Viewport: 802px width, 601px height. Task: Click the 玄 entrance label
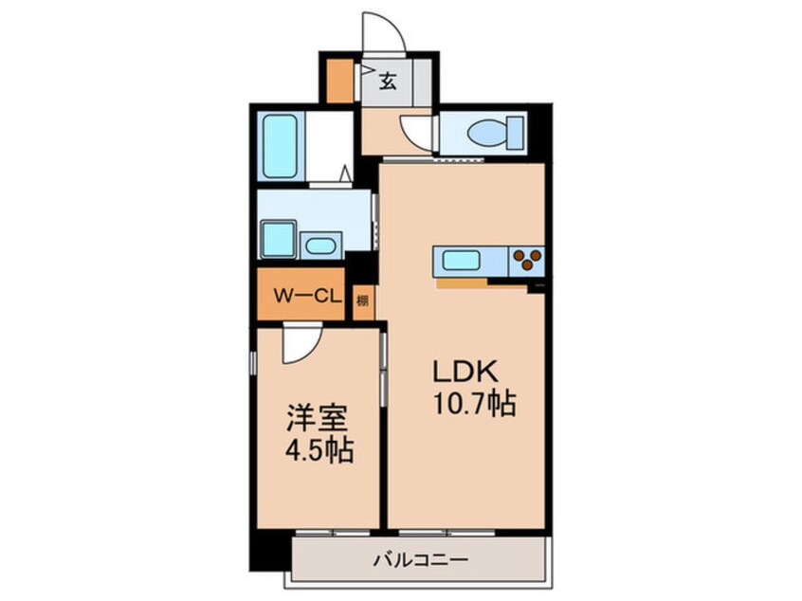click(388, 81)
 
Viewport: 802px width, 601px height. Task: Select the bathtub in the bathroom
click(280, 146)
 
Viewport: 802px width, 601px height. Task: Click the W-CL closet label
click(307, 296)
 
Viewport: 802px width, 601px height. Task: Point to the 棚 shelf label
click(363, 300)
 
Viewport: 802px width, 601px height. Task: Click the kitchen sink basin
click(461, 262)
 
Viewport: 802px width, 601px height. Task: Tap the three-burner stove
click(527, 261)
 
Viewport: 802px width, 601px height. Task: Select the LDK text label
click(465, 372)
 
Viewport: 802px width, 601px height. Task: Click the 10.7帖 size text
click(475, 404)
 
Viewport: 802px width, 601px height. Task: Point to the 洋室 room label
click(318, 417)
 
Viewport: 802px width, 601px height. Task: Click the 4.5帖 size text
click(319, 450)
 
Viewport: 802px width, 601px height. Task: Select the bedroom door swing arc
click(309, 350)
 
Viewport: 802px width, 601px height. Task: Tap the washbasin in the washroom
click(320, 246)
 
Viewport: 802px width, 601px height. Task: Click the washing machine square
click(279, 240)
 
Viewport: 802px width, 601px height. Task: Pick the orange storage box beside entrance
click(339, 81)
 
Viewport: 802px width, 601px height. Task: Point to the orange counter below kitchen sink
click(481, 283)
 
